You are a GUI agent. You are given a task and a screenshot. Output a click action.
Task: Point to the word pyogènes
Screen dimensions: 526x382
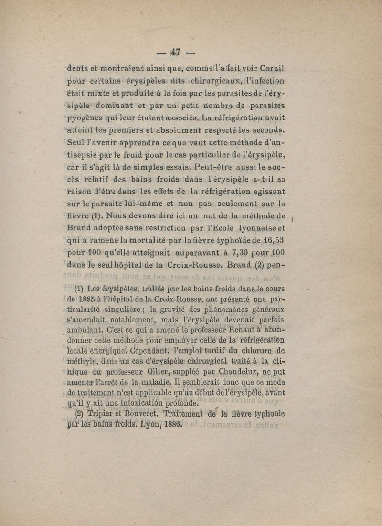[x=86, y=118]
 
